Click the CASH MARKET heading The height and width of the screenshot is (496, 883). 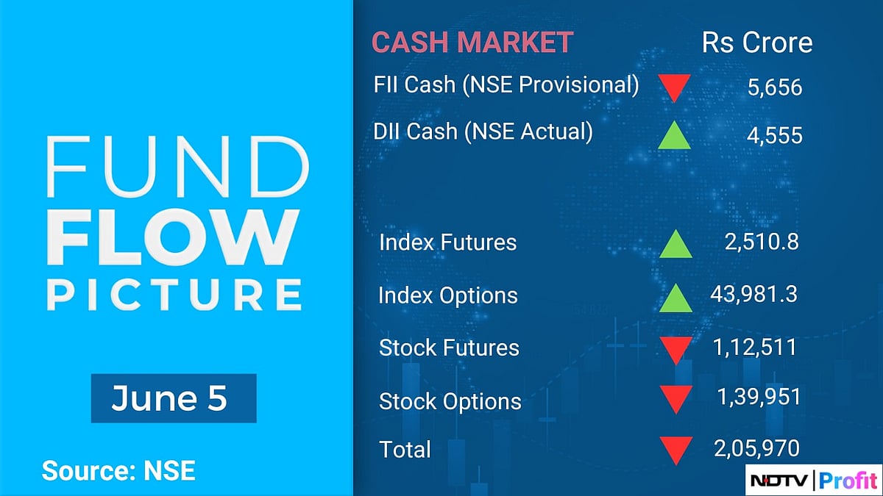tap(472, 42)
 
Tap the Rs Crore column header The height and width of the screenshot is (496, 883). tap(757, 42)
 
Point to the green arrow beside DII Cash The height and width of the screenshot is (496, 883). tap(674, 135)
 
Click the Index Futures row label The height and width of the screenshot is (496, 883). tap(447, 242)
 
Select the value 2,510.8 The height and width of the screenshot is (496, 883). tap(761, 242)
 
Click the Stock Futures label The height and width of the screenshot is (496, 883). tap(449, 348)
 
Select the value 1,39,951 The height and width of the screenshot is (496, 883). tap(759, 397)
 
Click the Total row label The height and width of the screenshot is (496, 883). tap(405, 449)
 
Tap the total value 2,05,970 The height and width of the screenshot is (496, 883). tap(756, 448)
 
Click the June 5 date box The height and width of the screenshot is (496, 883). tap(174, 398)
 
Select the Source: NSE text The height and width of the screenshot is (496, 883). tap(118, 470)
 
